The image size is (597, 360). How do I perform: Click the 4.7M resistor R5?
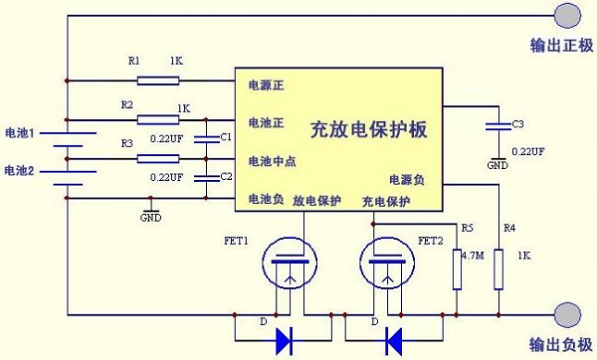pyautogui.click(x=457, y=269)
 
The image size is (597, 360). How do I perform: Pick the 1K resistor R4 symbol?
pyautogui.click(x=497, y=269)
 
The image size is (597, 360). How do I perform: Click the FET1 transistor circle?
pyautogui.click(x=288, y=264)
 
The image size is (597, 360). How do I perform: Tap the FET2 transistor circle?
pyautogui.click(x=383, y=264)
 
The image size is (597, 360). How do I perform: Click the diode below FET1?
pyautogui.click(x=286, y=340)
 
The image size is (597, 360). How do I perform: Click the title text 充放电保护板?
pyautogui.click(x=368, y=129)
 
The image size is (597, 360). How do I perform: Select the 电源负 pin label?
pyautogui.click(x=407, y=180)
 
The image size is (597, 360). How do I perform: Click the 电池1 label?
pyautogui.click(x=20, y=132)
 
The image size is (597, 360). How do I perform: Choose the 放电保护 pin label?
pyautogui.click(x=316, y=201)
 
